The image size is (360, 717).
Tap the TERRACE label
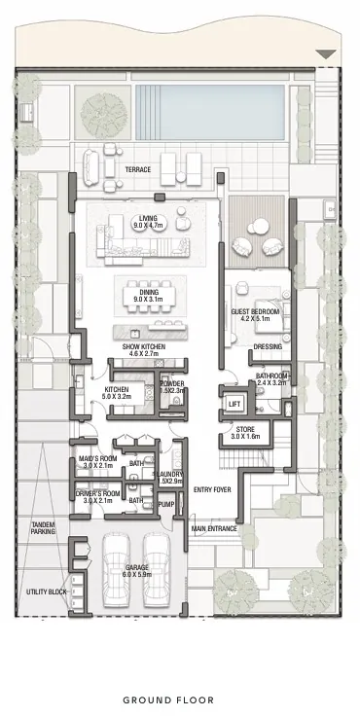point(137,170)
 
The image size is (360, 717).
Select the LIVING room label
point(149,220)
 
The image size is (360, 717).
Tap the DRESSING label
point(268,346)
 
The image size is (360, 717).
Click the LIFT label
point(234,404)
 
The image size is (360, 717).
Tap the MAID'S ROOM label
point(99,461)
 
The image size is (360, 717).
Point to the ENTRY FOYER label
point(212,489)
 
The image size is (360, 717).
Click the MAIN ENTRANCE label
point(213,529)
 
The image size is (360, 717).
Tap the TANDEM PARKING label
point(43,528)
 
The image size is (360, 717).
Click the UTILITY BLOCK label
point(45,592)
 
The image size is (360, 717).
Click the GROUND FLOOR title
point(180,699)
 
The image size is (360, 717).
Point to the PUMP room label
point(165,505)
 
